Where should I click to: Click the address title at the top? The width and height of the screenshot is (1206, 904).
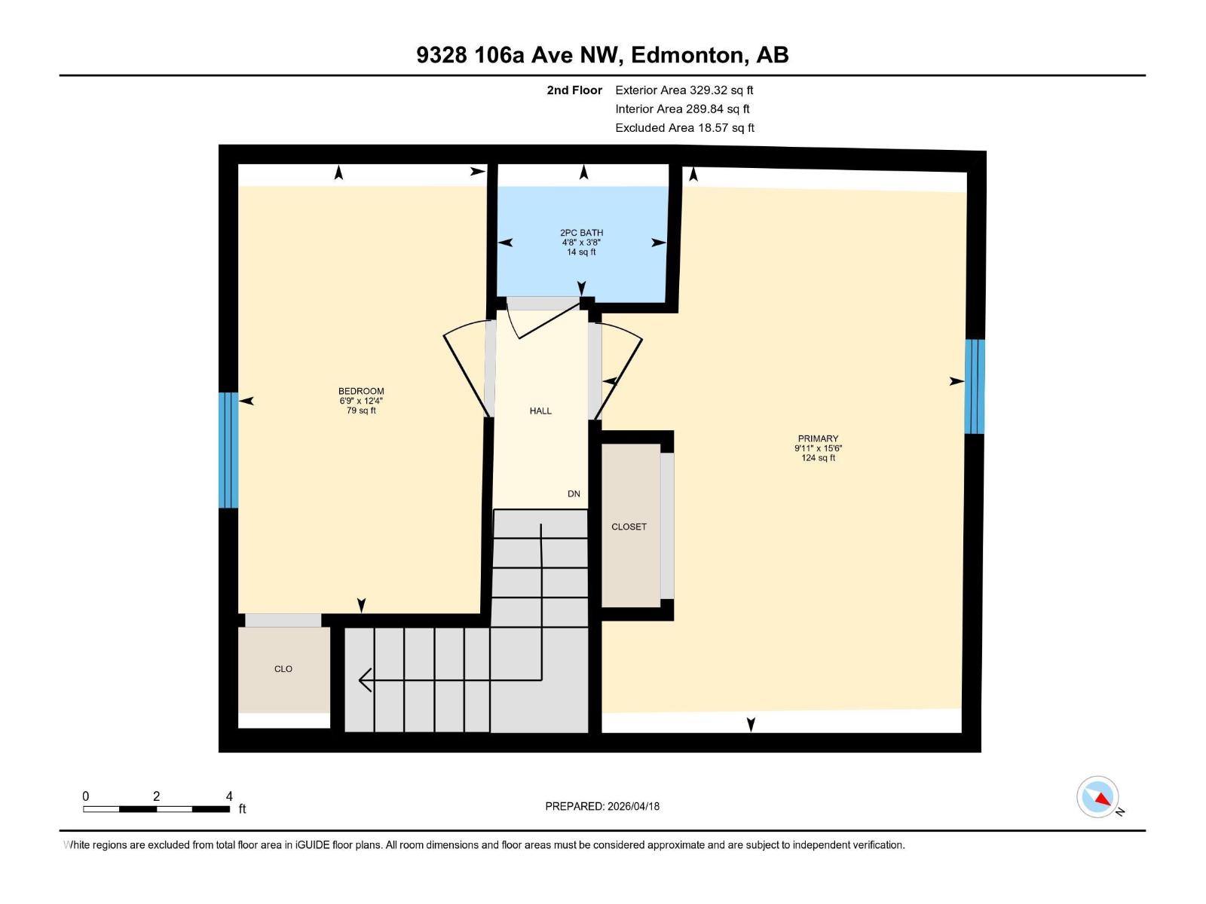coord(602,55)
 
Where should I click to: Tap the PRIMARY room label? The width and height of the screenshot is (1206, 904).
coord(818,438)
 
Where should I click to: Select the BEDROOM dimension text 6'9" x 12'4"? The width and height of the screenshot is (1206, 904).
coord(361,401)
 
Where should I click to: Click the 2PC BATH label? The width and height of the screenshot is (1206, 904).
coord(581,233)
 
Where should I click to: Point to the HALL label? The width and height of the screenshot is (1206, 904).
coord(540,411)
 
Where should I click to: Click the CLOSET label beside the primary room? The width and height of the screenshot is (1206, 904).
coord(629,527)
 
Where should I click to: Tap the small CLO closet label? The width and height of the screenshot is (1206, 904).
coord(283,669)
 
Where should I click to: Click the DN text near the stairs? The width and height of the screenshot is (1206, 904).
coord(574,494)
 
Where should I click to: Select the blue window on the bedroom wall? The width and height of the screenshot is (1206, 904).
coord(228,450)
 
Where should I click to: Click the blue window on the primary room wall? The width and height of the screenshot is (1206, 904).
coord(975,386)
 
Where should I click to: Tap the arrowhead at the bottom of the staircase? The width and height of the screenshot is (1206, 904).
coord(365,680)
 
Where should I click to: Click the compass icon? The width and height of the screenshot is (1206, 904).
coord(1098,797)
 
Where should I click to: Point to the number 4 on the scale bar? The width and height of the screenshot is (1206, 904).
coord(229,796)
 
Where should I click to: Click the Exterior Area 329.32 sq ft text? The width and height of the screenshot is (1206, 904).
coord(684,90)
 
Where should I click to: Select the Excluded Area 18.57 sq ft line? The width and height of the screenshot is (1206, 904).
coord(684,128)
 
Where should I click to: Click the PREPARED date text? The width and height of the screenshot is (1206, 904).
coord(602,806)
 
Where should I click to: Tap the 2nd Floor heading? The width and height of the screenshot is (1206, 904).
coord(574,90)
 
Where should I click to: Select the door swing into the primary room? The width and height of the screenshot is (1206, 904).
coord(618,369)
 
